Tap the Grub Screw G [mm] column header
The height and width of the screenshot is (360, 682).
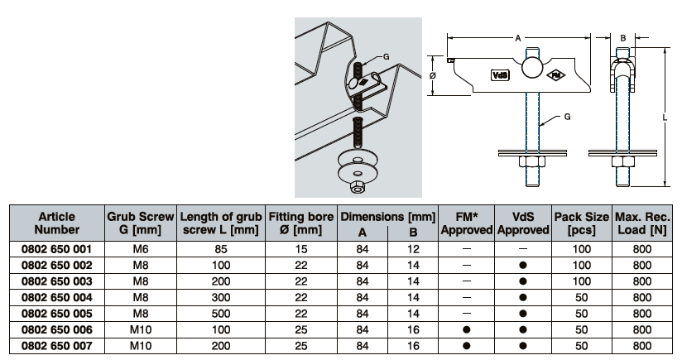tap(140, 223)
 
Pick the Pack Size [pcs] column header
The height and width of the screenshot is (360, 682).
tap(581, 223)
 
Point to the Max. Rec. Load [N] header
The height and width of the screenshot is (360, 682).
tap(641, 223)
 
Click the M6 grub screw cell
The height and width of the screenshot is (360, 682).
tap(140, 248)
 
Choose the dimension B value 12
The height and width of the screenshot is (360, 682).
tap(412, 248)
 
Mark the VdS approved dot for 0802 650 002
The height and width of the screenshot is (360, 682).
tap(523, 265)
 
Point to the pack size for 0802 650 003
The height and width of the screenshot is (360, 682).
tap(581, 281)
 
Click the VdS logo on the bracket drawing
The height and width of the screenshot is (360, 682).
tap(501, 74)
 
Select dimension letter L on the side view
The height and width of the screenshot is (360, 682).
tap(667, 118)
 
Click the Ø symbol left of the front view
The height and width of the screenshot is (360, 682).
tap(434, 74)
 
